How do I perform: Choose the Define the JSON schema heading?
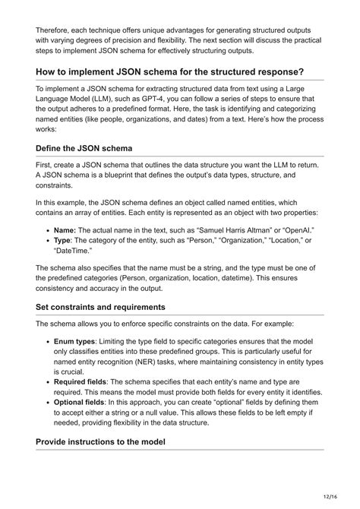click(x=93, y=147)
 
